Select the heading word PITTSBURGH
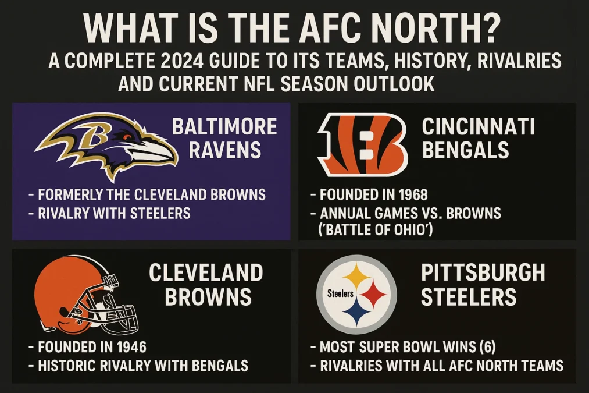tap(483, 272)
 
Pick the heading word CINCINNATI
tap(478, 126)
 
